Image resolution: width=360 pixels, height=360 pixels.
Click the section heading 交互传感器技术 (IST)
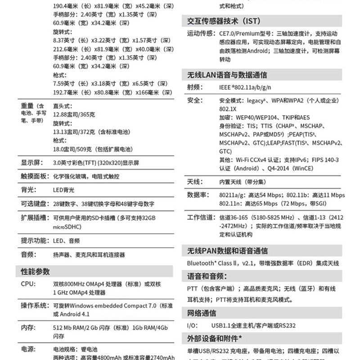coord(223,22)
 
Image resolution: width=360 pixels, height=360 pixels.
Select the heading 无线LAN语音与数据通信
coord(227,75)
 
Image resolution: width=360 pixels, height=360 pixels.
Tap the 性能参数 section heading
coord(36,271)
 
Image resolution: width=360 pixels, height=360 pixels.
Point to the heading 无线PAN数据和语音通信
coord(227,251)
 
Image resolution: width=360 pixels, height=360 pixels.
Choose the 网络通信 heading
coord(202,313)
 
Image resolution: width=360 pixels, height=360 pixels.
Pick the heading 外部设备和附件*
coord(215,337)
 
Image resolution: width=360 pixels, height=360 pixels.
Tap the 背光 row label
coord(28,190)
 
